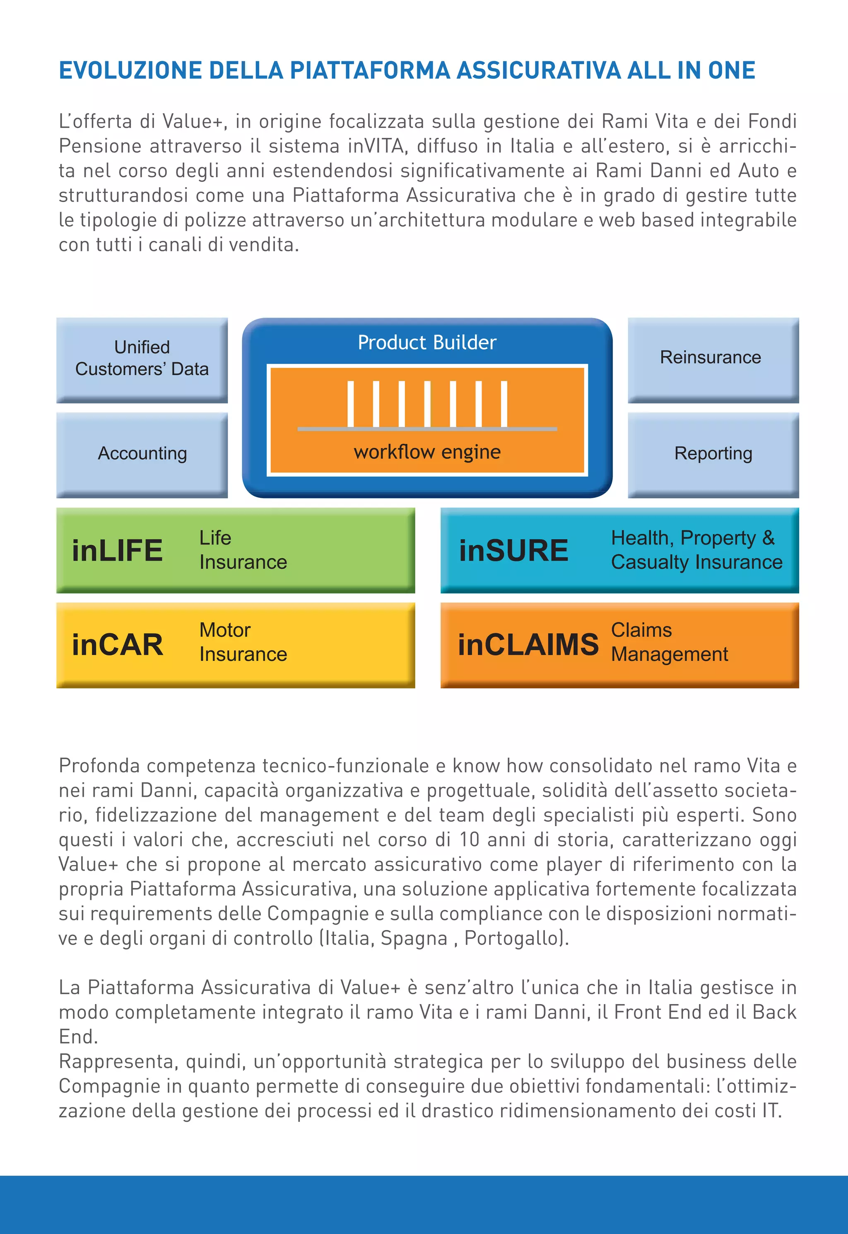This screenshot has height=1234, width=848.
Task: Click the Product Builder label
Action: [426, 342]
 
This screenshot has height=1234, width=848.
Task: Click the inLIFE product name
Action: [118, 550]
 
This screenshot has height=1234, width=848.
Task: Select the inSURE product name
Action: [514, 550]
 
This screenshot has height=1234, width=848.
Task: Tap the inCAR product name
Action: [118, 645]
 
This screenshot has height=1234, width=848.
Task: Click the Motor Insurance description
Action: [243, 642]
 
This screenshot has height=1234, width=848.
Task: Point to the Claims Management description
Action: [669, 642]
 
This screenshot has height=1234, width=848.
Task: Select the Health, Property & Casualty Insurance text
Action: [696, 550]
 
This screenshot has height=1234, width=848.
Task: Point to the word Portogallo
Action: [514, 938]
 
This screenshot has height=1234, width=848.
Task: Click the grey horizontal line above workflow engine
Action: [426, 429]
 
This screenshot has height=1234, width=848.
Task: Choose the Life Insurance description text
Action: [243, 550]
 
